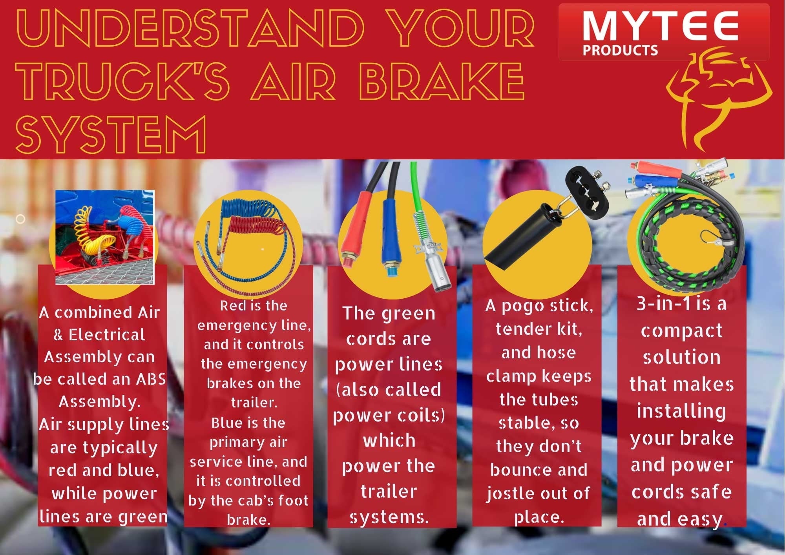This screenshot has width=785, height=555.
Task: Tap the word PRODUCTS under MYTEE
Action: pyautogui.click(x=620, y=50)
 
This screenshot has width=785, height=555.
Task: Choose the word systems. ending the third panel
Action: pyautogui.click(x=389, y=517)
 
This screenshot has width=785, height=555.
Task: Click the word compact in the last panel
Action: pyautogui.click(x=681, y=331)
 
